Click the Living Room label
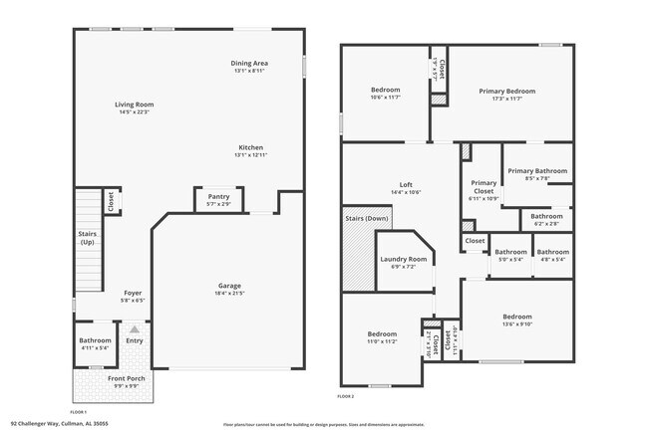pos(134,105)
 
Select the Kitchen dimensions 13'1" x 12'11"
pos(250,155)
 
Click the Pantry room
pos(219,199)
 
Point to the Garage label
pos(229,286)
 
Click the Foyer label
pos(133,293)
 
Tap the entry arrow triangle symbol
pos(135,327)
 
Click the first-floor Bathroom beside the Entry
pos(96,344)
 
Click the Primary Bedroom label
pos(513,92)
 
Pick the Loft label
pos(406,184)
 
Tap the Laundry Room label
pos(403,260)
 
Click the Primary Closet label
pos(484,186)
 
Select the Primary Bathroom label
pos(537,171)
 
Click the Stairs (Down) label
pos(367,217)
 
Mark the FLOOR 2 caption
pos(345,396)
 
